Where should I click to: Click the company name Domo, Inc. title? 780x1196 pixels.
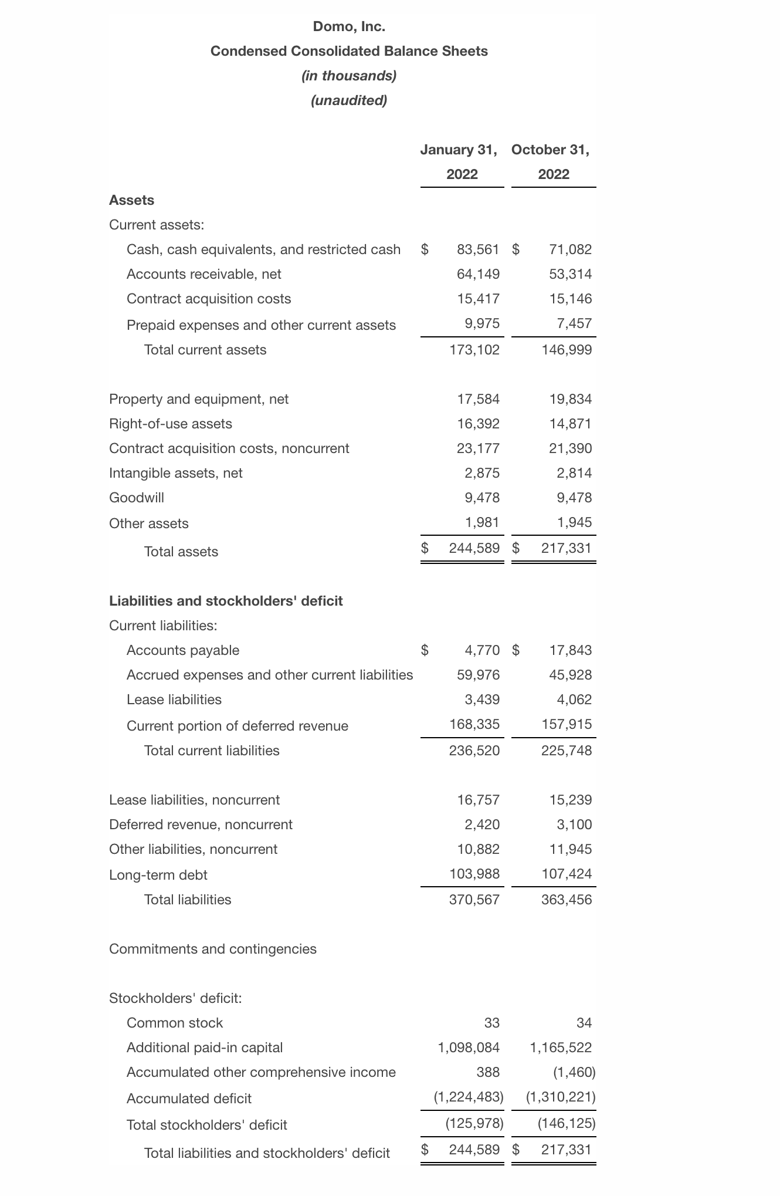point(349,26)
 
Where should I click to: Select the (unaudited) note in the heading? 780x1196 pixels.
point(349,100)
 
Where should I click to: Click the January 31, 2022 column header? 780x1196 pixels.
point(462,162)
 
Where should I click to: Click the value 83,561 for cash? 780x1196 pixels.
point(478,249)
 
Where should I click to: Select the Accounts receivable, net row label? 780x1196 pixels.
point(204,274)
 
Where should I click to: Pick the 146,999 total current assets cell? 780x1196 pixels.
point(566,350)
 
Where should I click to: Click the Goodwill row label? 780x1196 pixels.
point(137,498)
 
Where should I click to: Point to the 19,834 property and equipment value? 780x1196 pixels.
point(570,399)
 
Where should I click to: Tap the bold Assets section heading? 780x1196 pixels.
point(131,200)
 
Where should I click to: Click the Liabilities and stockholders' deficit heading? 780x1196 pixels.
point(226,601)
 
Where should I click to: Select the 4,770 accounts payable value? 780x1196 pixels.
point(482,650)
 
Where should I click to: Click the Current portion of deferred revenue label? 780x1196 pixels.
point(237,726)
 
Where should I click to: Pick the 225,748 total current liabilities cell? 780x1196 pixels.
point(566,751)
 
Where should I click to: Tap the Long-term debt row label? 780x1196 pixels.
point(158,875)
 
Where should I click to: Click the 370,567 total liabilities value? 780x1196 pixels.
point(474,900)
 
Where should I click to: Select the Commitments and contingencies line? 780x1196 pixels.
point(212,949)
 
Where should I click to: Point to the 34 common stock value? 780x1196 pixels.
point(584,1023)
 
